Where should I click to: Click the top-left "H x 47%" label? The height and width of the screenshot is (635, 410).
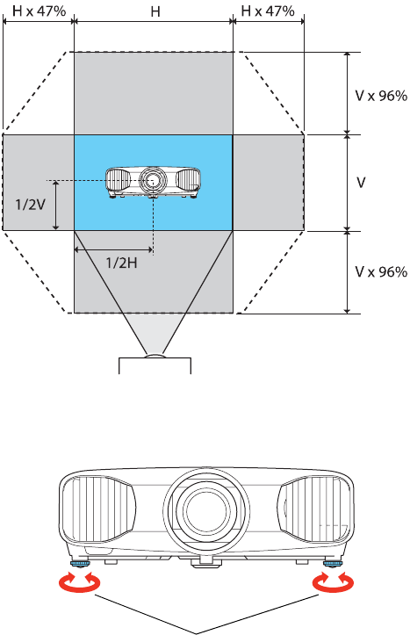tap(39, 11)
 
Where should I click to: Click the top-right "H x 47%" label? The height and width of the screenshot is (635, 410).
tap(268, 11)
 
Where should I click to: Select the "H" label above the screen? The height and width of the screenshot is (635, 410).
tap(155, 11)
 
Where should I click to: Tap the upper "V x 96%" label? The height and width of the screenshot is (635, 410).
tap(381, 96)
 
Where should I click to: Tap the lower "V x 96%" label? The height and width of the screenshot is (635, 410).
tap(381, 271)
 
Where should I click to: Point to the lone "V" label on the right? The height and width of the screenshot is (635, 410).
tap(361, 183)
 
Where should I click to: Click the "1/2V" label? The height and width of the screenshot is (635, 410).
tap(31, 205)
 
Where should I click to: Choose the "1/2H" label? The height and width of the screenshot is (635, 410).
tap(121, 263)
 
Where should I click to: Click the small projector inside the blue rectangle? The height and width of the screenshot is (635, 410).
tap(153, 182)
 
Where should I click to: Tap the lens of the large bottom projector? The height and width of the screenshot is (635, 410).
tap(206, 507)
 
